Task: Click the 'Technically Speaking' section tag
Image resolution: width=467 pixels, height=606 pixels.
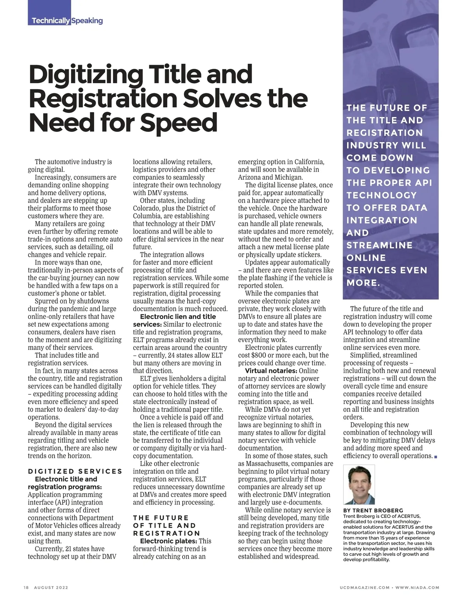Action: (x=67, y=21)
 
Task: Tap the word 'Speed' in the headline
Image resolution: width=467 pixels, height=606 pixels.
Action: (x=178, y=123)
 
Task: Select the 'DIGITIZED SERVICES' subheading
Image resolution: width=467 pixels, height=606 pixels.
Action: (x=75, y=471)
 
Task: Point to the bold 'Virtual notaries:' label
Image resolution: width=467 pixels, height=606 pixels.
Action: (x=271, y=371)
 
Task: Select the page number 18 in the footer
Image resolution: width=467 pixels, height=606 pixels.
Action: (x=26, y=588)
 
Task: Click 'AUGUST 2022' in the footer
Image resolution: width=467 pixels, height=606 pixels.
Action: (x=51, y=588)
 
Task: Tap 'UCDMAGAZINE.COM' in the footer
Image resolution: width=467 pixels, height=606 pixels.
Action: (x=364, y=588)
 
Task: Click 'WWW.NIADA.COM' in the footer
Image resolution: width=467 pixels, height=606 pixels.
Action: (x=418, y=588)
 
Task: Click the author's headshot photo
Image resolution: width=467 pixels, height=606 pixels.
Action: (x=359, y=484)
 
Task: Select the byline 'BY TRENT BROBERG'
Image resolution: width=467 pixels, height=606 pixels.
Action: (x=373, y=510)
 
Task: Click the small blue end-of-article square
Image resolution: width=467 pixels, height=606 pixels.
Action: (x=435, y=457)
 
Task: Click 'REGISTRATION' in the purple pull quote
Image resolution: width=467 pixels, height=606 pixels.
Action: (x=384, y=133)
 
